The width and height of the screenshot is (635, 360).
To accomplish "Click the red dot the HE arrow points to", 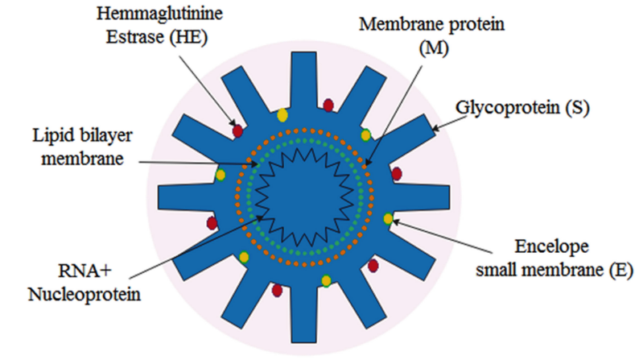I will pos(237,130).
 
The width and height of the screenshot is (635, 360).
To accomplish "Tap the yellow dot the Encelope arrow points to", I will pos(389,218).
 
